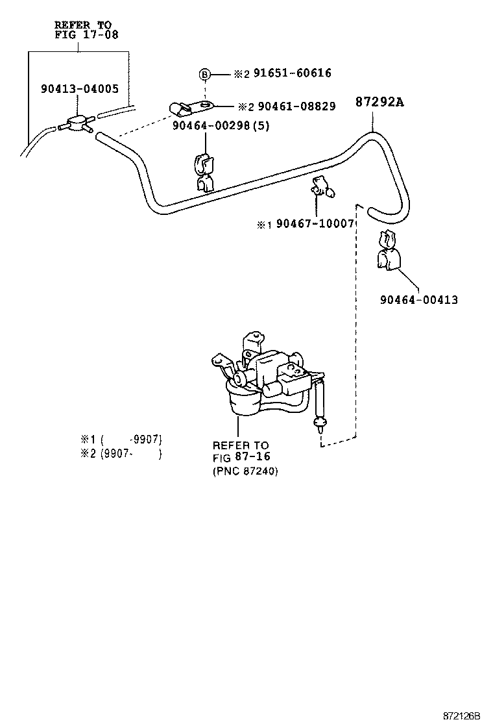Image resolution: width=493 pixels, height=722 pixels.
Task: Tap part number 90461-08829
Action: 294,106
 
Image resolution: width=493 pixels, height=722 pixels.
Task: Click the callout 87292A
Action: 379,102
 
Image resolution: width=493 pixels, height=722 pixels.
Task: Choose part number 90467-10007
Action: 314,224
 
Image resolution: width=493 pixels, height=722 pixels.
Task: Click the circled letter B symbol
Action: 204,75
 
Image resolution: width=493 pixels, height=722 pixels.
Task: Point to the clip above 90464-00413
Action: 388,250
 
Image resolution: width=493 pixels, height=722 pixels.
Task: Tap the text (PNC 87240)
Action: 245,472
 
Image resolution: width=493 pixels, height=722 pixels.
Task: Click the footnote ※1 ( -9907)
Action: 121,438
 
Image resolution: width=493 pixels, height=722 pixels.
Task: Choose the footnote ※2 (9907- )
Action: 121,453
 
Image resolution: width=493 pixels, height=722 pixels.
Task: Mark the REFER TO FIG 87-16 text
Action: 241,452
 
